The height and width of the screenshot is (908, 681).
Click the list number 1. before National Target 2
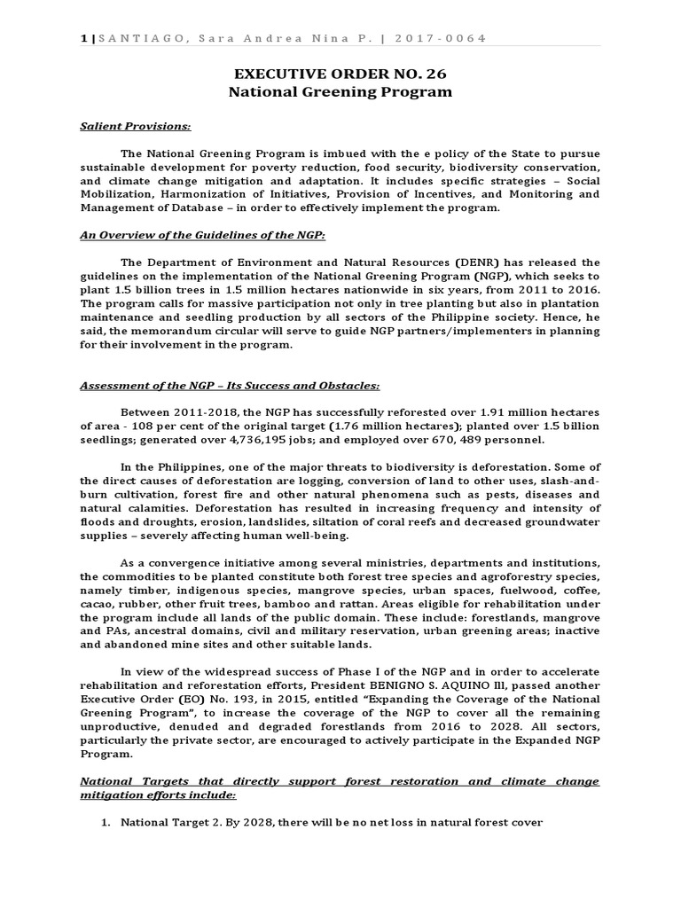106,821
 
